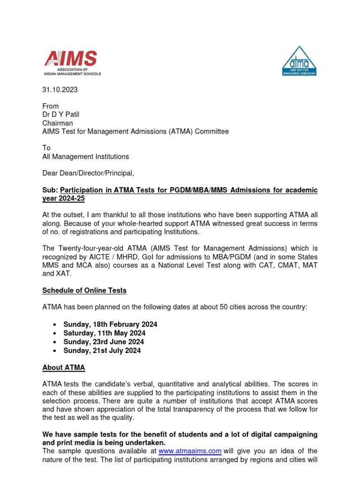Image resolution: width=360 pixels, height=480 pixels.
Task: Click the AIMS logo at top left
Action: coord(72,62)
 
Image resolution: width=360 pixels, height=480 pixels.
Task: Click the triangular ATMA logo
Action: coord(299,61)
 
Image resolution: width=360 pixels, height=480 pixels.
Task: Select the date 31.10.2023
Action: coord(60,90)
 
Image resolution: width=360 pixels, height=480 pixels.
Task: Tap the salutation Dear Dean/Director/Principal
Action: coord(88,173)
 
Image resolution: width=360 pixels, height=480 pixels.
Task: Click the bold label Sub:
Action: coord(50,190)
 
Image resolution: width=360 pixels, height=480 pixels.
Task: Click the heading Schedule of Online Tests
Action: coord(84,290)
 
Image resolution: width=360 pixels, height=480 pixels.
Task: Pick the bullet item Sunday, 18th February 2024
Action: coord(110,324)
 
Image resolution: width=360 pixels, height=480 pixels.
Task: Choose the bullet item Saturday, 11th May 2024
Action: coord(105,333)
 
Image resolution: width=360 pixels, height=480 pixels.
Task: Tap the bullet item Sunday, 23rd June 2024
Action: coord(104,342)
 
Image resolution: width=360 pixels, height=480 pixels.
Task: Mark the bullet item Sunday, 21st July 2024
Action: coord(102,350)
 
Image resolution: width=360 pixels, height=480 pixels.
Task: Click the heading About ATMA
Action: coord(64,367)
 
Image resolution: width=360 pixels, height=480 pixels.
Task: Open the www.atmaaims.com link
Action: coord(190,451)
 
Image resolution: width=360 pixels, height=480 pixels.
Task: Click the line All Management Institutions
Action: coord(85,157)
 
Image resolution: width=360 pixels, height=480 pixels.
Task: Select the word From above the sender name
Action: coord(51,106)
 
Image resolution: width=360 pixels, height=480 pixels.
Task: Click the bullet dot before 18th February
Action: coord(55,324)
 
